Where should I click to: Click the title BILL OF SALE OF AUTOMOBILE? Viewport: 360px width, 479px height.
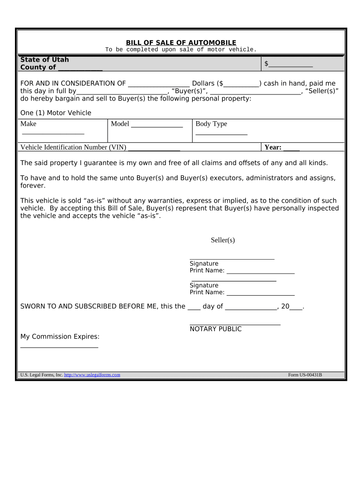(x=181, y=43)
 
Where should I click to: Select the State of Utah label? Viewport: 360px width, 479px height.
(x=44, y=59)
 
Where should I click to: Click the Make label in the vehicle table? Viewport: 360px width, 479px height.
(x=29, y=123)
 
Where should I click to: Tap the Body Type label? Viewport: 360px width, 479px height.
(x=211, y=123)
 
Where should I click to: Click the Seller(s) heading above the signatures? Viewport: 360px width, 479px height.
(x=223, y=240)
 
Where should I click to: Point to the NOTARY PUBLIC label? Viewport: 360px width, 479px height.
(x=216, y=329)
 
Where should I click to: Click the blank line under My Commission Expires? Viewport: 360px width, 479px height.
(x=59, y=347)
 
